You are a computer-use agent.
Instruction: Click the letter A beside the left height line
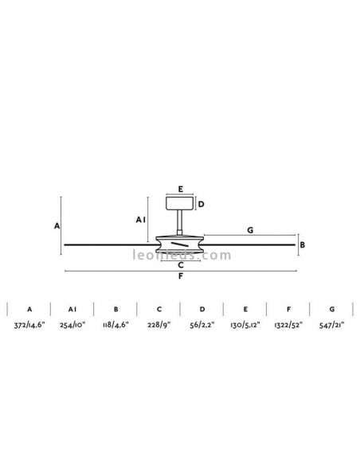point(57,226)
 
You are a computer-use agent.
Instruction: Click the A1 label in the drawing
point(140,219)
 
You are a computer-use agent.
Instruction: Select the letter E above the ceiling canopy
point(181,190)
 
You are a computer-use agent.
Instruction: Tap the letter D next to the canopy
point(202,205)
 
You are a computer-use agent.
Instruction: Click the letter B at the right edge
point(302,246)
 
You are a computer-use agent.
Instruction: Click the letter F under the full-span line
point(181,277)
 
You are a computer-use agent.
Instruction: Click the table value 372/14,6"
point(29,326)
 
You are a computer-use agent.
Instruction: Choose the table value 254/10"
point(72,326)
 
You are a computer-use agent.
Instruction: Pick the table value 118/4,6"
point(115,326)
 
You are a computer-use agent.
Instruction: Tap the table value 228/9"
point(159,326)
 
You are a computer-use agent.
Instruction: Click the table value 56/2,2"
point(202,326)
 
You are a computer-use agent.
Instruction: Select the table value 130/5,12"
point(245,326)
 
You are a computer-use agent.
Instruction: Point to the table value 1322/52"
point(288,326)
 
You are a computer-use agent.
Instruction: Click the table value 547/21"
point(331,326)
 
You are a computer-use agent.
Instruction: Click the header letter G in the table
point(331,308)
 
